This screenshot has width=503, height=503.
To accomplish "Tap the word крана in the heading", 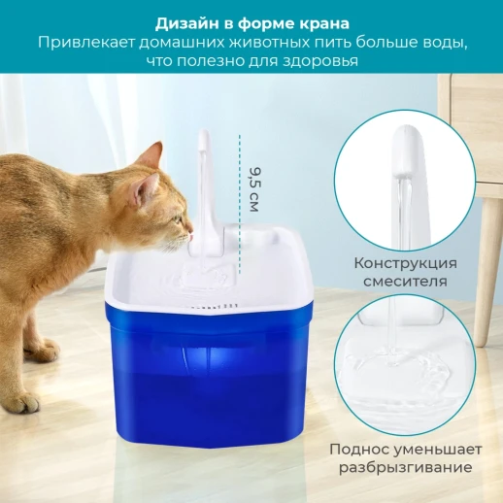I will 321,22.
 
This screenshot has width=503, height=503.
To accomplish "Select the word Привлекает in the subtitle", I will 87,43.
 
